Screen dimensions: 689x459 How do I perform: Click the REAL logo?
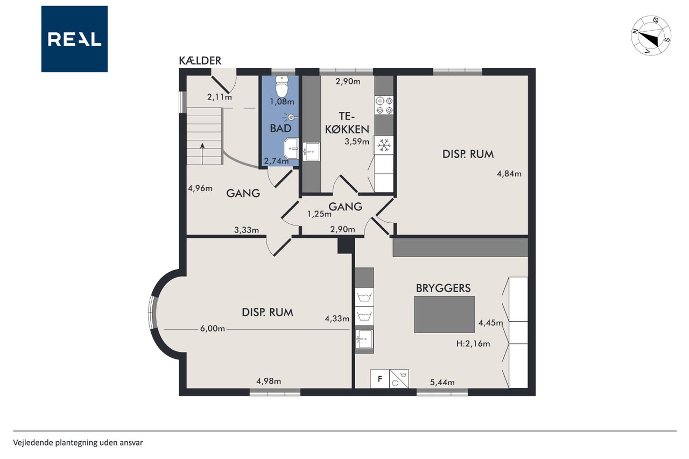(74, 39)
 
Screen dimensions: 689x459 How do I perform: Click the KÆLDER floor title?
(200, 61)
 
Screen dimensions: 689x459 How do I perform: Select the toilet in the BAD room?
(282, 87)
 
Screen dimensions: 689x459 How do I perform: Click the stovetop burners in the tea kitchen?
(384, 105)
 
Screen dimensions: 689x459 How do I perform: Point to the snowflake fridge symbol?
(384, 145)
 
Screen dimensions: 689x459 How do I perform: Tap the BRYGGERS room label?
(443, 288)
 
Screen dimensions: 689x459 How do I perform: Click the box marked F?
(380, 379)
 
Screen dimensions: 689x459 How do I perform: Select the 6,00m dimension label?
(213, 329)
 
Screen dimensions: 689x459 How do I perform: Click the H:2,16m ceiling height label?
(473, 343)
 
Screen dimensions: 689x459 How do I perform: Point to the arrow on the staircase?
(202, 153)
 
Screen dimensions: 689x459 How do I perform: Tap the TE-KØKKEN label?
(347, 123)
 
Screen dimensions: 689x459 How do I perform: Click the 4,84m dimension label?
(509, 174)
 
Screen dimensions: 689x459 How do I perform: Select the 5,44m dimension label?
(442, 383)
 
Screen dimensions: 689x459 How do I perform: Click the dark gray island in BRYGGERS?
(445, 314)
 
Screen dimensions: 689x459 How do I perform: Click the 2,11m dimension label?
(219, 97)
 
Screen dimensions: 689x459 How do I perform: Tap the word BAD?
(280, 128)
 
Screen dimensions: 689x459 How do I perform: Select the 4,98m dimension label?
(269, 381)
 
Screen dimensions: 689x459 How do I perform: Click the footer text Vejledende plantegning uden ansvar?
(78, 443)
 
